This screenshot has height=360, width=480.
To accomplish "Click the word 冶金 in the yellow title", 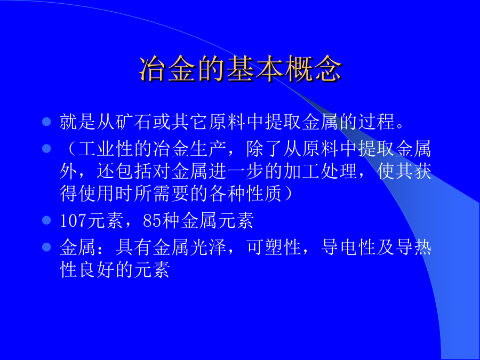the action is click(168, 69).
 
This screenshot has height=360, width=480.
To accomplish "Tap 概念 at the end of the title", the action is click(314, 69).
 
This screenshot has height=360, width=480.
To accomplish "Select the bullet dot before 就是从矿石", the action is click(46, 122).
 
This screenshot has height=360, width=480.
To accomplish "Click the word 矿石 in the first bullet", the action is click(134, 122).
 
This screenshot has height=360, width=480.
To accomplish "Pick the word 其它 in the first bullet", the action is click(190, 122).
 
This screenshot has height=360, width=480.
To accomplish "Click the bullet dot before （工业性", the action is click(46, 149).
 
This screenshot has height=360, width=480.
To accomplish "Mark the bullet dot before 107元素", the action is click(46, 220).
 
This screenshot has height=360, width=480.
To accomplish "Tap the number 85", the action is click(153, 220).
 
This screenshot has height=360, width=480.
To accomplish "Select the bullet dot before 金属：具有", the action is click(46, 247).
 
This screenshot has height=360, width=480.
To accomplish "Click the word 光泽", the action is click(209, 247).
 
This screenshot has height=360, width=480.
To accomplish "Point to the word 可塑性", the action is click(274, 247).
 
